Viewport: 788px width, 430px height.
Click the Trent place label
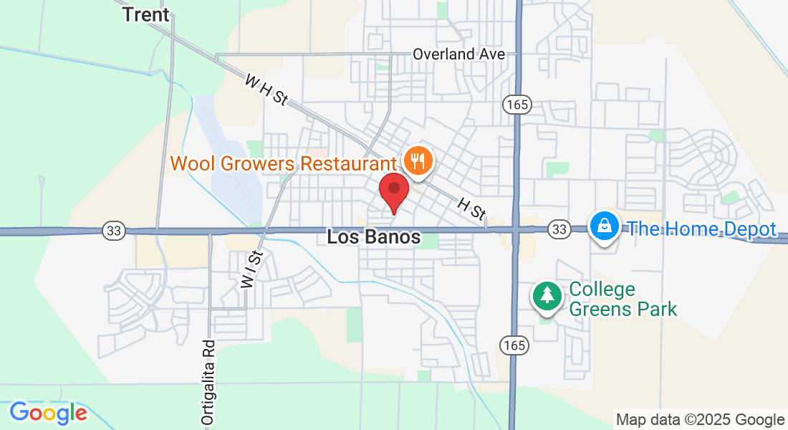coord(146,14)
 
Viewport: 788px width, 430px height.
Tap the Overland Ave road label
coord(459,54)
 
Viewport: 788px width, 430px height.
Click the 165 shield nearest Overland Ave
coord(516,105)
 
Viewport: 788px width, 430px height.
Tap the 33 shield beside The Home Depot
coord(559,229)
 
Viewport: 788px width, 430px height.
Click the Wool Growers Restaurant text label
coord(283,163)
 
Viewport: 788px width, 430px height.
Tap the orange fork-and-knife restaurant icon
coord(417,160)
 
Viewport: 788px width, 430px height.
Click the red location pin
coord(393,190)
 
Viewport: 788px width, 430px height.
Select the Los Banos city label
coord(373,237)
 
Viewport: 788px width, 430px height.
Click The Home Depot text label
coord(702,229)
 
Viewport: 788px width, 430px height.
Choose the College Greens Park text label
coord(623,300)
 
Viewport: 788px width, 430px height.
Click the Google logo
coord(48,413)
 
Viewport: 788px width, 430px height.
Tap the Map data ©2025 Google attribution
coord(700,420)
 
